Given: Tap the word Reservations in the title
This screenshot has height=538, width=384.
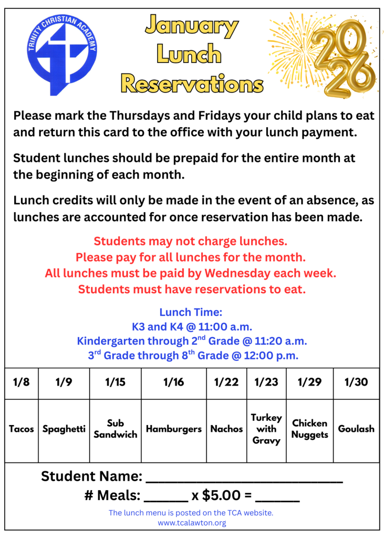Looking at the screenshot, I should pyautogui.click(x=191, y=83).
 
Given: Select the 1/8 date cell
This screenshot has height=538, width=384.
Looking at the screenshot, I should pyautogui.click(x=21, y=382).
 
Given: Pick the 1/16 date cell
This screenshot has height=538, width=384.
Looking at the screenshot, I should pyautogui.click(x=173, y=382).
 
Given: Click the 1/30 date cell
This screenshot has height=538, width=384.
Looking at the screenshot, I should pyautogui.click(x=356, y=382).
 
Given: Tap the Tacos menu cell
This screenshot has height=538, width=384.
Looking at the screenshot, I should pyautogui.click(x=22, y=429).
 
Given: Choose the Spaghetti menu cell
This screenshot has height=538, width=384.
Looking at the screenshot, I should pyautogui.click(x=64, y=429).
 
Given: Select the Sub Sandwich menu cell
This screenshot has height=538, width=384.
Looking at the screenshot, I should pyautogui.click(x=115, y=429).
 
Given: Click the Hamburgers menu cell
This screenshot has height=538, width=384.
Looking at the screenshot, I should pyautogui.click(x=173, y=429).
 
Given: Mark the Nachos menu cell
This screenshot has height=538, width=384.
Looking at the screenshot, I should pyautogui.click(x=226, y=429).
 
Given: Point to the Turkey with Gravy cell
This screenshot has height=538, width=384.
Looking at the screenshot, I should pyautogui.click(x=266, y=429).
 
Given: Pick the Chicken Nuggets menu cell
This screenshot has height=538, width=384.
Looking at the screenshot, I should pyautogui.click(x=309, y=429).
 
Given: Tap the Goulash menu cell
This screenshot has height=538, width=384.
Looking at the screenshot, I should pyautogui.click(x=356, y=429).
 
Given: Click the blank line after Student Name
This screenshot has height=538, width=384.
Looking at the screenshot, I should pyautogui.click(x=244, y=478).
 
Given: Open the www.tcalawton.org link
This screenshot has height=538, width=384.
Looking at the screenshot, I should pyautogui.click(x=192, y=523).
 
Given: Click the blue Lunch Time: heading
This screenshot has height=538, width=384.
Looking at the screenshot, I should pyautogui.click(x=191, y=312).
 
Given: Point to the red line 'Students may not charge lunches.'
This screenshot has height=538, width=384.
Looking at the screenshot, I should pyautogui.click(x=191, y=242).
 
